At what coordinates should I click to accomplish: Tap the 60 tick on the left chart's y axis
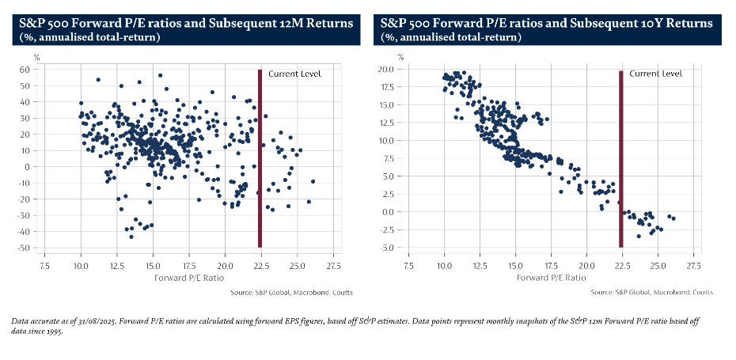tap(25, 70)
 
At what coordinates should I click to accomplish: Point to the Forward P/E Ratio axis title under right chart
tap(552, 278)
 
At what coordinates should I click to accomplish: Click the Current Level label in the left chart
tap(294, 74)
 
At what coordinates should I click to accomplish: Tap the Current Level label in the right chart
tap(655, 74)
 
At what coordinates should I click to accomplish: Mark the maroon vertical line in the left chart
tap(259, 158)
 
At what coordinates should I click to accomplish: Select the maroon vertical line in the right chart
tap(620, 158)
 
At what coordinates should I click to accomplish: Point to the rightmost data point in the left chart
tap(313, 181)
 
